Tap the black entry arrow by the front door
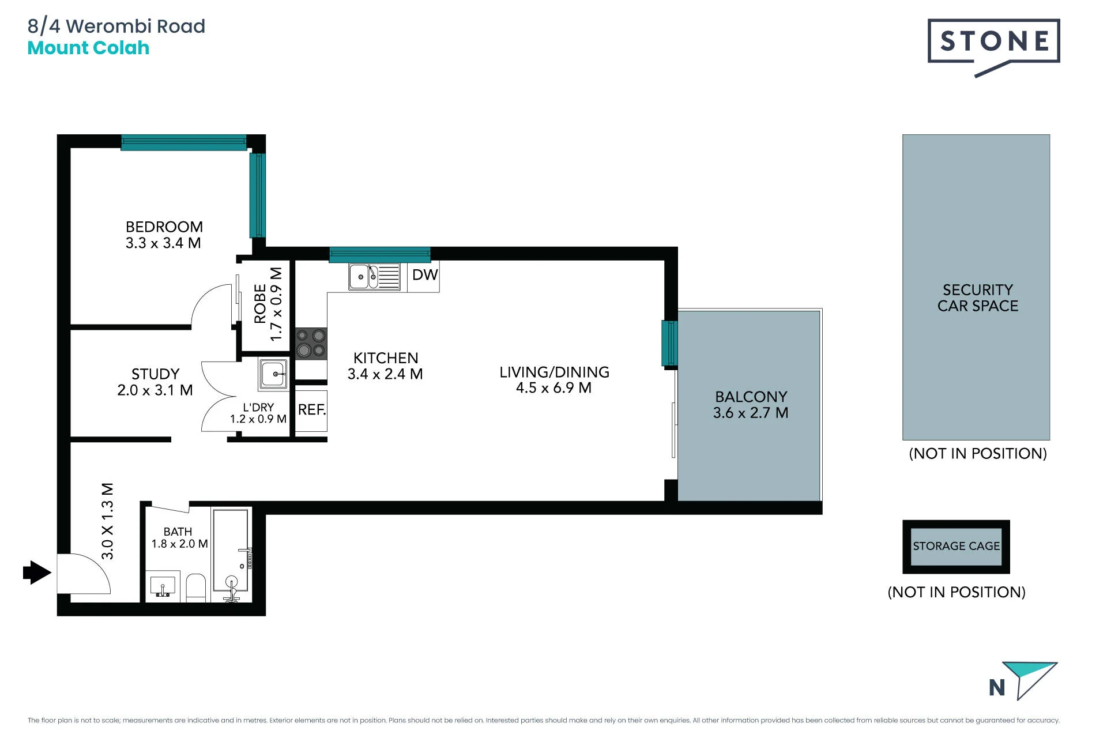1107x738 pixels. tap(37, 573)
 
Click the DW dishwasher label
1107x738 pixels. tap(425, 275)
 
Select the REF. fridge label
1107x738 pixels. tap(312, 409)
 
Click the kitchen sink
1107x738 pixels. tap(374, 277)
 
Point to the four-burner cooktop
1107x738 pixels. tap(311, 343)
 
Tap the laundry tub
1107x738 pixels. tap(273, 374)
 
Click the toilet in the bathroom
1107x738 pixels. tap(196, 588)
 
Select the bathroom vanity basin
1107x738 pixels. tap(163, 586)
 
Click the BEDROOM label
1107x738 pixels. tap(164, 227)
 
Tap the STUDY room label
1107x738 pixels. tap(155, 374)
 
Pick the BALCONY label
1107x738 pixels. tap(751, 397)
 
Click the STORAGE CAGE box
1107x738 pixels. tap(956, 547)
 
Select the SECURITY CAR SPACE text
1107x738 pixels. tap(978, 298)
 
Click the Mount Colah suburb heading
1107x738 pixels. tap(88, 48)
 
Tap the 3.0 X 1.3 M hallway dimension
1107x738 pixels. tap(107, 521)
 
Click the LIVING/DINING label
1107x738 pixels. tap(554, 372)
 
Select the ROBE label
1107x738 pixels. tap(260, 303)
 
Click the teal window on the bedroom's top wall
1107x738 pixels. tap(184, 142)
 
